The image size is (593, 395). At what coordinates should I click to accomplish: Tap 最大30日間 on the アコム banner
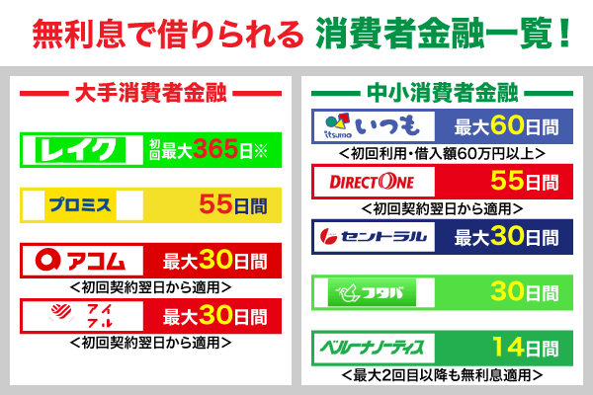(x=214, y=262)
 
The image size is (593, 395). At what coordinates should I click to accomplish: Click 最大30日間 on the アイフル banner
(x=214, y=316)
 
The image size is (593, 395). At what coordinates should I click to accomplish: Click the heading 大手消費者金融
(x=150, y=94)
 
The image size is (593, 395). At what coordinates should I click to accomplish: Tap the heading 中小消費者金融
(x=442, y=94)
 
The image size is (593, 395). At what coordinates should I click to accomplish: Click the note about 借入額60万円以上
(x=441, y=153)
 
